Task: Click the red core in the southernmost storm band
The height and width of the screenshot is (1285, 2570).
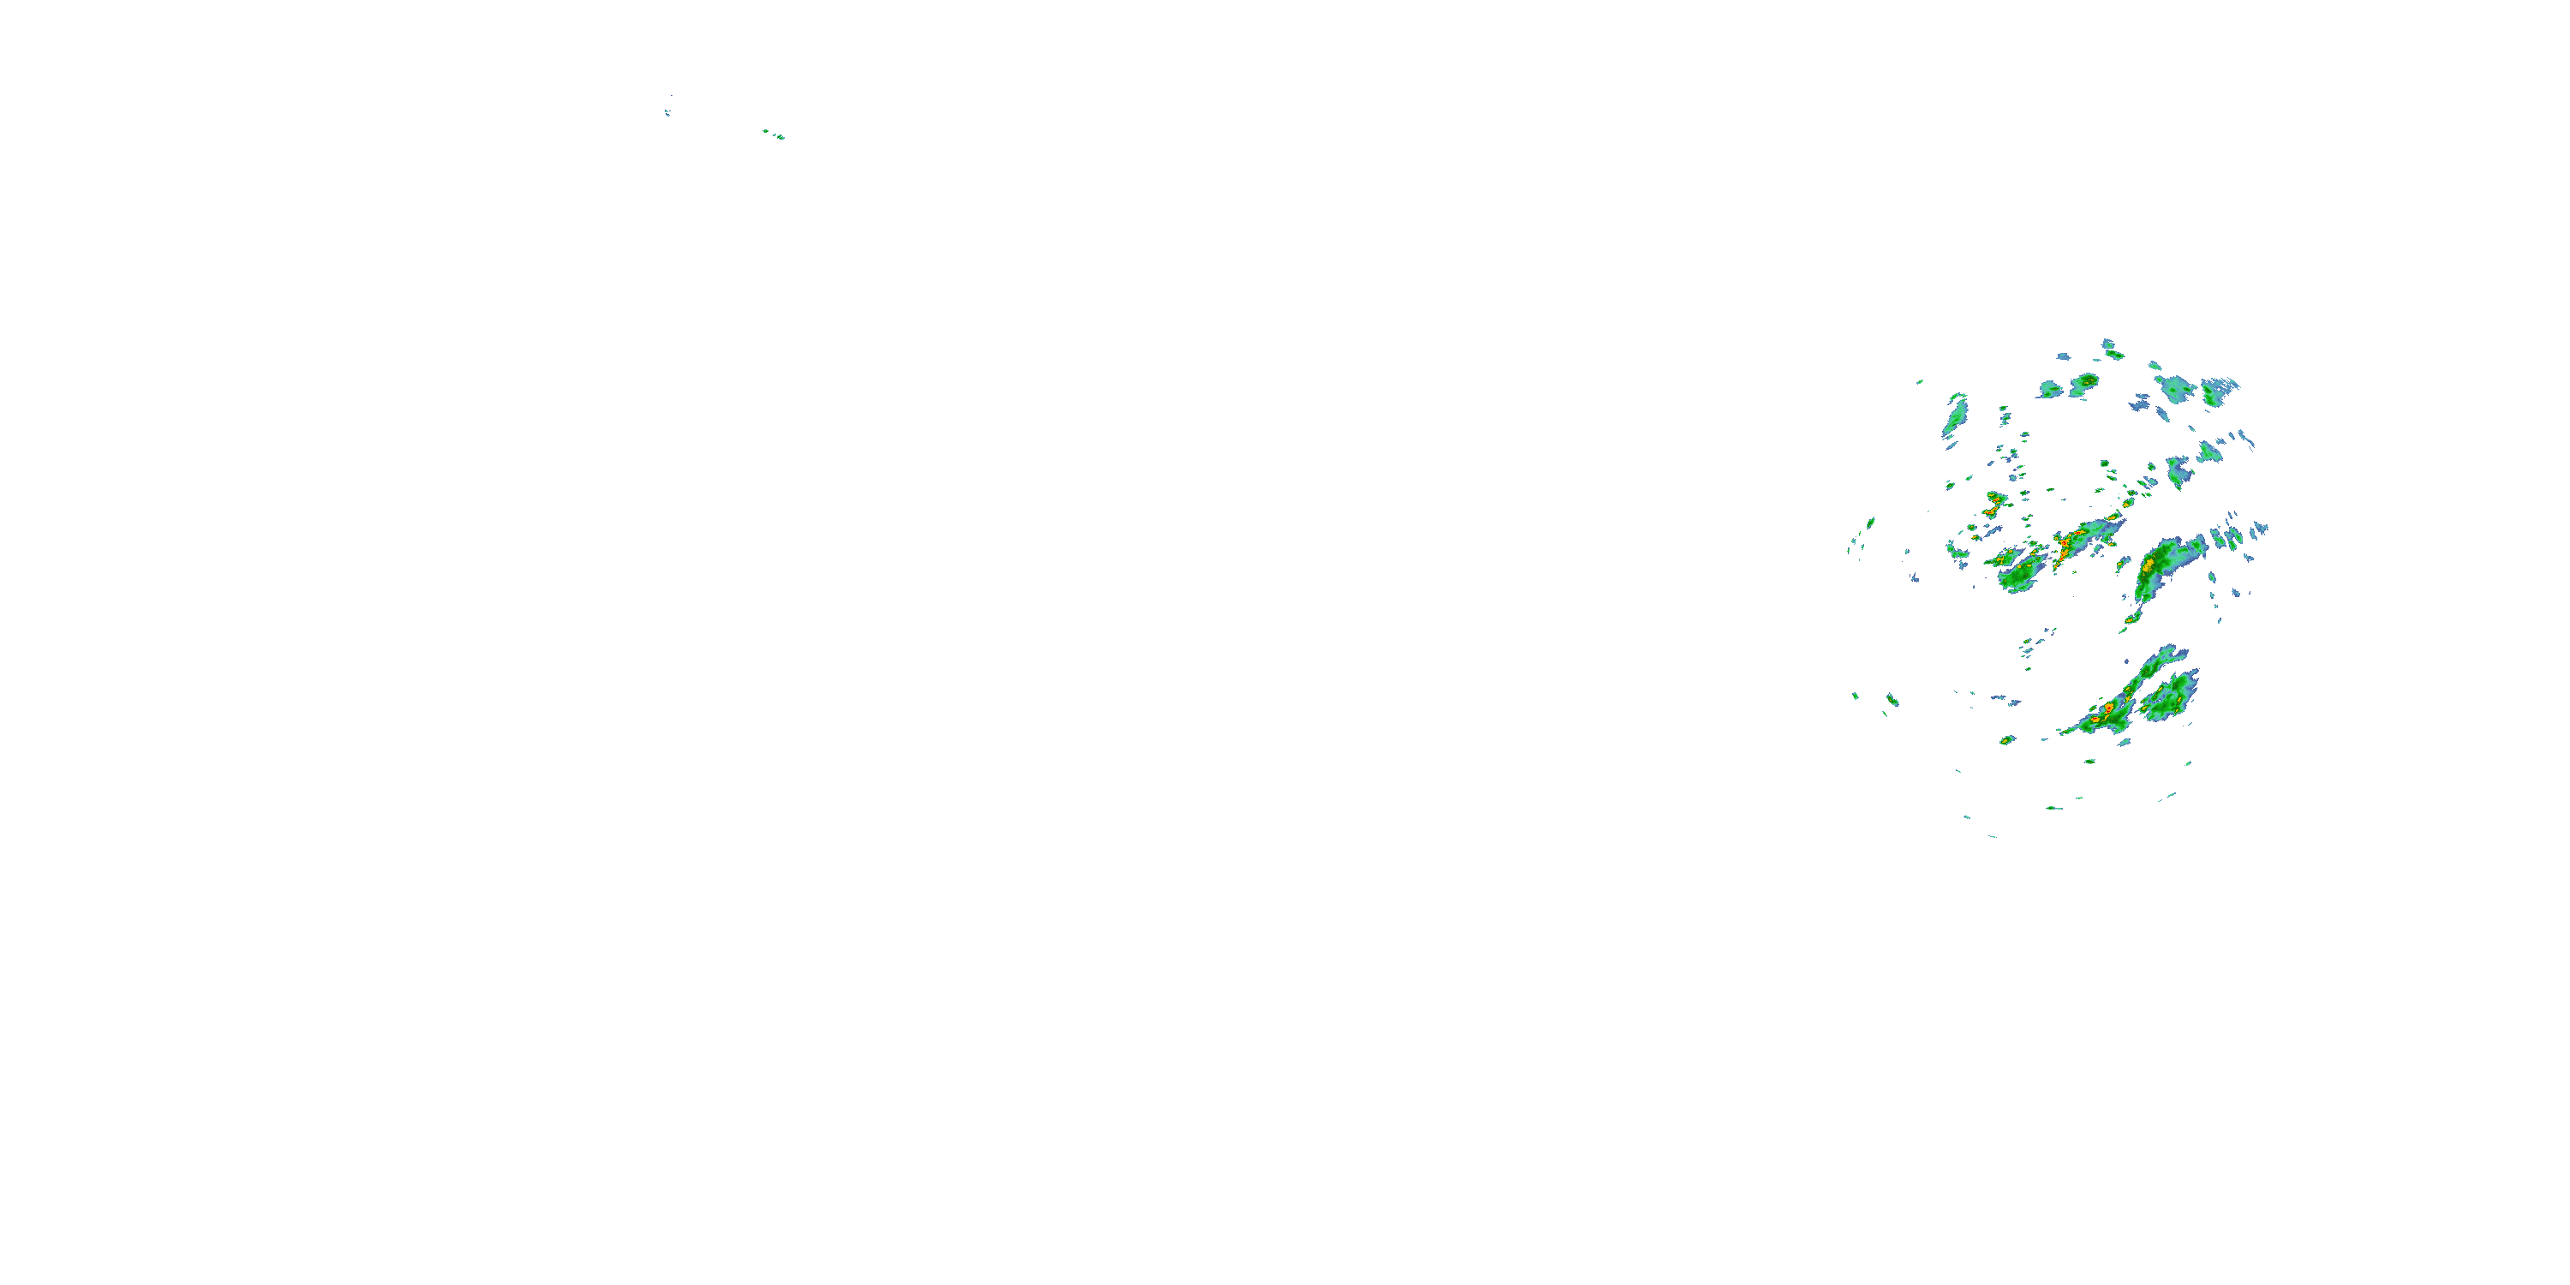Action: pos(2108,709)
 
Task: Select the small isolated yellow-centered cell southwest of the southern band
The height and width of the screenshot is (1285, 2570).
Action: pos(2007,740)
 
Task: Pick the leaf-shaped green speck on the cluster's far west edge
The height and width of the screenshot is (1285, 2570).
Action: pos(1869,522)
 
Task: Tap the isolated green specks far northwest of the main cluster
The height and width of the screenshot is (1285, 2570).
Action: pos(774,134)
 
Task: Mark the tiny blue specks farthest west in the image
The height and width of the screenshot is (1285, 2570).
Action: pos(666,113)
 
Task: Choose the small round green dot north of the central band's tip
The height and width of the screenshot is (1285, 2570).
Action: pos(2104,464)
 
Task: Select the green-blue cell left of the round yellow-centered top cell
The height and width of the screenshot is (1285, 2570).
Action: pos(2050,389)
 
